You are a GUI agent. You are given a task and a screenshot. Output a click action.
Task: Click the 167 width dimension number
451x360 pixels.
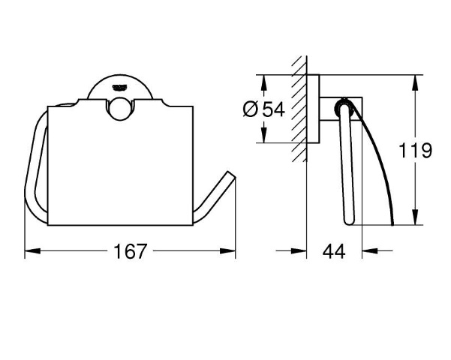click(131, 251)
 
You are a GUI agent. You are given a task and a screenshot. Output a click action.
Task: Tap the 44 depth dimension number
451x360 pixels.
click(334, 251)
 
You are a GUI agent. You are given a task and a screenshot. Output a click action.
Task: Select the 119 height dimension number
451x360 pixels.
click(415, 150)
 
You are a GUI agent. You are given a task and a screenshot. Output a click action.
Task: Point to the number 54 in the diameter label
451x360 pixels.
click(274, 109)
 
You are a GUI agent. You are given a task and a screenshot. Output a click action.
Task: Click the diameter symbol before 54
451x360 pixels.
click(251, 109)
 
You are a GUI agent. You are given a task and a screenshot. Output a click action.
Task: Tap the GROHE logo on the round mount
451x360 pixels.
click(121, 87)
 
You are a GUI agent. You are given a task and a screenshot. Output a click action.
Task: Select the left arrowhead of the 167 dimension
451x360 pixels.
click(32, 251)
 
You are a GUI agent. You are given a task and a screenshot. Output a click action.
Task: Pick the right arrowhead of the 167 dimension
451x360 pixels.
click(228, 251)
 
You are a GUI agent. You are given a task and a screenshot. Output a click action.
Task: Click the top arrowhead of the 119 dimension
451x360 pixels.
click(415, 82)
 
